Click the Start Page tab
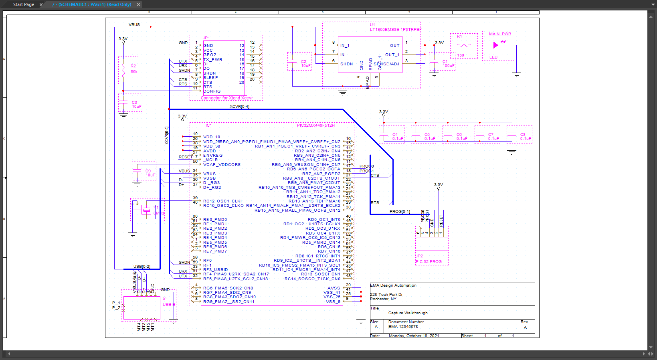(x=23, y=4)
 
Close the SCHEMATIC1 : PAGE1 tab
(x=139, y=5)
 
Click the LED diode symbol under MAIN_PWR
(x=496, y=45)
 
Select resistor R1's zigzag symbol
(x=464, y=45)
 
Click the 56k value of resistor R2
(x=134, y=72)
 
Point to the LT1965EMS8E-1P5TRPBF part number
(x=396, y=29)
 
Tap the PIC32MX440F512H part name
(x=315, y=125)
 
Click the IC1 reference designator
(x=208, y=125)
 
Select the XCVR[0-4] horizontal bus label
(x=239, y=107)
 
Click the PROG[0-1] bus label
(x=400, y=212)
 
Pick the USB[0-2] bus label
(x=142, y=267)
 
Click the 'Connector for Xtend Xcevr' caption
(x=227, y=98)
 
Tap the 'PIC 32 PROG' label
(x=429, y=262)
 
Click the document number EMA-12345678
(x=403, y=327)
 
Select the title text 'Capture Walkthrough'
(x=408, y=313)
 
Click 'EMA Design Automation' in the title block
(x=393, y=285)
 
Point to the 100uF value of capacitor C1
(x=449, y=66)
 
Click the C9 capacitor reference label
(x=148, y=171)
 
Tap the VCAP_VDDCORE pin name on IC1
(x=222, y=165)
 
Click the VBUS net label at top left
(x=134, y=25)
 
